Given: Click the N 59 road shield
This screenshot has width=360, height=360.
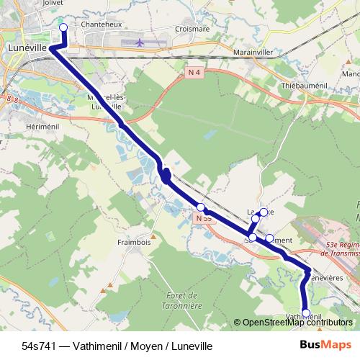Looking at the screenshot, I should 204,217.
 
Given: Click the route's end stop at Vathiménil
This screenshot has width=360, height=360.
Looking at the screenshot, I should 306,313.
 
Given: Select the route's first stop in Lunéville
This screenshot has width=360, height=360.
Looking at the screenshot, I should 63,27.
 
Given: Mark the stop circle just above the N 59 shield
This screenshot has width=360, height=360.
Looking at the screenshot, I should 201,207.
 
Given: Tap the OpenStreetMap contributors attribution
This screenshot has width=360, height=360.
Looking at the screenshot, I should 297,323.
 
